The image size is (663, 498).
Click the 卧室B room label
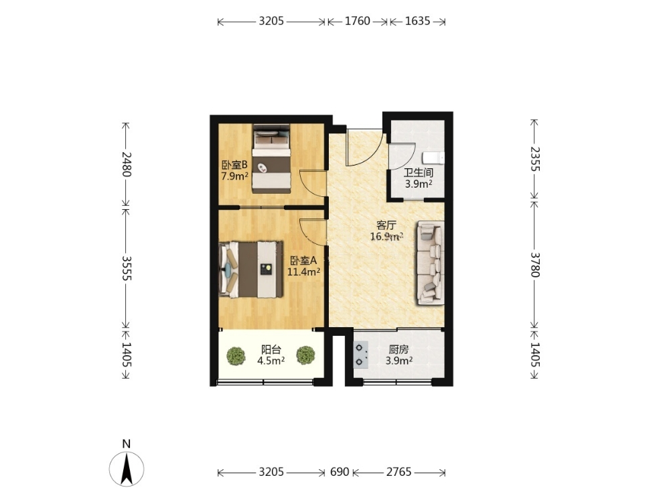coord(234,170)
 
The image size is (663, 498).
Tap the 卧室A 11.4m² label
coord(303,266)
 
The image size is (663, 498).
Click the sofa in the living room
coord(431,263)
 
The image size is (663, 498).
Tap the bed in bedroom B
coord(271,159)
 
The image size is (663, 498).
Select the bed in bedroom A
coord(251,269)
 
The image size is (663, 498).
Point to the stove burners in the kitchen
coord(360,355)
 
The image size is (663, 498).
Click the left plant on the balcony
coord(236,356)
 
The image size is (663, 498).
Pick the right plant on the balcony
coord(305,355)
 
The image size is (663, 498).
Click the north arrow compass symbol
coord(127,469)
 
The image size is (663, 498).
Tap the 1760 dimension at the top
coord(358,21)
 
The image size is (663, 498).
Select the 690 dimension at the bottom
coord(339,472)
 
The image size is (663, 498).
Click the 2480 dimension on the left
coord(126,164)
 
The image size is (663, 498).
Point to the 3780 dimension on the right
coord(534,265)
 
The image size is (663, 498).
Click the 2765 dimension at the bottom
coord(398,472)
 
